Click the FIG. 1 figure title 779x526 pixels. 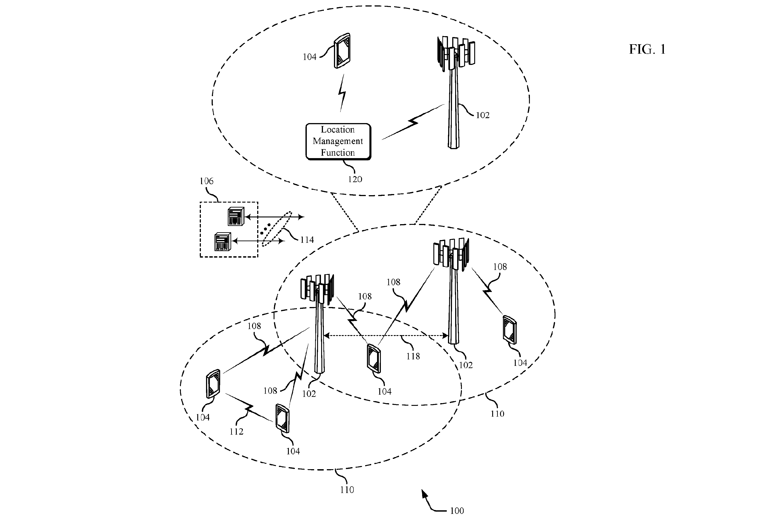click(x=647, y=49)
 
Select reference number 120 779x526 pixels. click(x=355, y=179)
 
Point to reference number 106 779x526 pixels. click(x=206, y=181)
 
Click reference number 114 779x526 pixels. click(x=307, y=240)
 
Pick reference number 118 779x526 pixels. click(x=413, y=356)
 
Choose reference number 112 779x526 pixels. click(x=236, y=431)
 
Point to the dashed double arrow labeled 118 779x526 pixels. click(x=386, y=336)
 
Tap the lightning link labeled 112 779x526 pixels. click(x=249, y=408)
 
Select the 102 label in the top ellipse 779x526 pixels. click(x=483, y=115)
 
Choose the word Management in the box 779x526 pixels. click(x=338, y=141)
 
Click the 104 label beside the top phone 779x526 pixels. click(x=309, y=57)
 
